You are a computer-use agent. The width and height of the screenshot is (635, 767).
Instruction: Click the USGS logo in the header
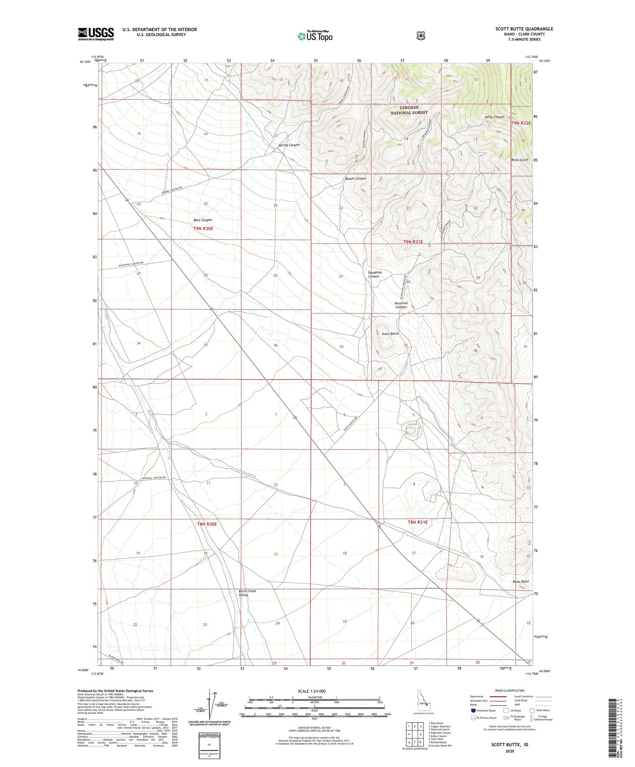96,34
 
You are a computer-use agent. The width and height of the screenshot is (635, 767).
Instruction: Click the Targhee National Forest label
409,110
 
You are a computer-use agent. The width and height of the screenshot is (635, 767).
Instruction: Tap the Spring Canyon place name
289,145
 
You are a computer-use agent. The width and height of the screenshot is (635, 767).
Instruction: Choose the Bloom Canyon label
356,179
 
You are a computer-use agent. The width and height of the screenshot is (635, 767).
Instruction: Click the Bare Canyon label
203,220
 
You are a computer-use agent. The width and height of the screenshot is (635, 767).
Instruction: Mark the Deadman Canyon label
375,274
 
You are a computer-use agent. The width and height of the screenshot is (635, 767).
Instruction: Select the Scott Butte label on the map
390,334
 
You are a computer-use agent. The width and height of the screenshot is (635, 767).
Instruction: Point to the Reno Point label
521,582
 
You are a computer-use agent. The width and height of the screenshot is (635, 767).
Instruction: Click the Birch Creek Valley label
248,593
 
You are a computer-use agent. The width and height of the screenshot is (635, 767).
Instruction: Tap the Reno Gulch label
520,160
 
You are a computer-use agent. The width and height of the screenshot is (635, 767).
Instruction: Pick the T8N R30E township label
207,524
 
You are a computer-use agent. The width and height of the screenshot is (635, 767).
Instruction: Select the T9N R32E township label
521,123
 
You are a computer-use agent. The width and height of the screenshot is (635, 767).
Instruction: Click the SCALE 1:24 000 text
312,691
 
